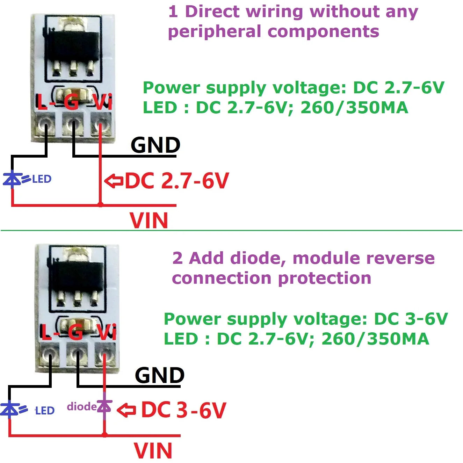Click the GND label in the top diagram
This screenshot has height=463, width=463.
[x=155, y=145]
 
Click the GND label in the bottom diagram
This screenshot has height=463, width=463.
[x=159, y=375]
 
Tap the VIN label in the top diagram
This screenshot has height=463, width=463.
[x=149, y=220]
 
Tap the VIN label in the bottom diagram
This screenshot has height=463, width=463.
[x=153, y=451]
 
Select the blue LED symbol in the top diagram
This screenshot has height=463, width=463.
[x=13, y=179]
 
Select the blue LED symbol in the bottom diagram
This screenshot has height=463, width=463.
[x=10, y=409]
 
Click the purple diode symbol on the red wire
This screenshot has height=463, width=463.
[x=104, y=406]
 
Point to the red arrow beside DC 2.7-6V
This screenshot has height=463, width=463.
[x=114, y=181]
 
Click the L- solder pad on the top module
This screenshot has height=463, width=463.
[x=45, y=123]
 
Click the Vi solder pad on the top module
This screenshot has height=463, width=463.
[x=101, y=124]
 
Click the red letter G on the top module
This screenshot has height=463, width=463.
[x=71, y=102]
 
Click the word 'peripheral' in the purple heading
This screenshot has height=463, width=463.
[x=214, y=32]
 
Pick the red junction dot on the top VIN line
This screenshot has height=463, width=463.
[x=100, y=204]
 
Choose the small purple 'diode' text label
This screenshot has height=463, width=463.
[x=81, y=406]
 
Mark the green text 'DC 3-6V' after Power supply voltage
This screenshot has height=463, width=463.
[x=411, y=319]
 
